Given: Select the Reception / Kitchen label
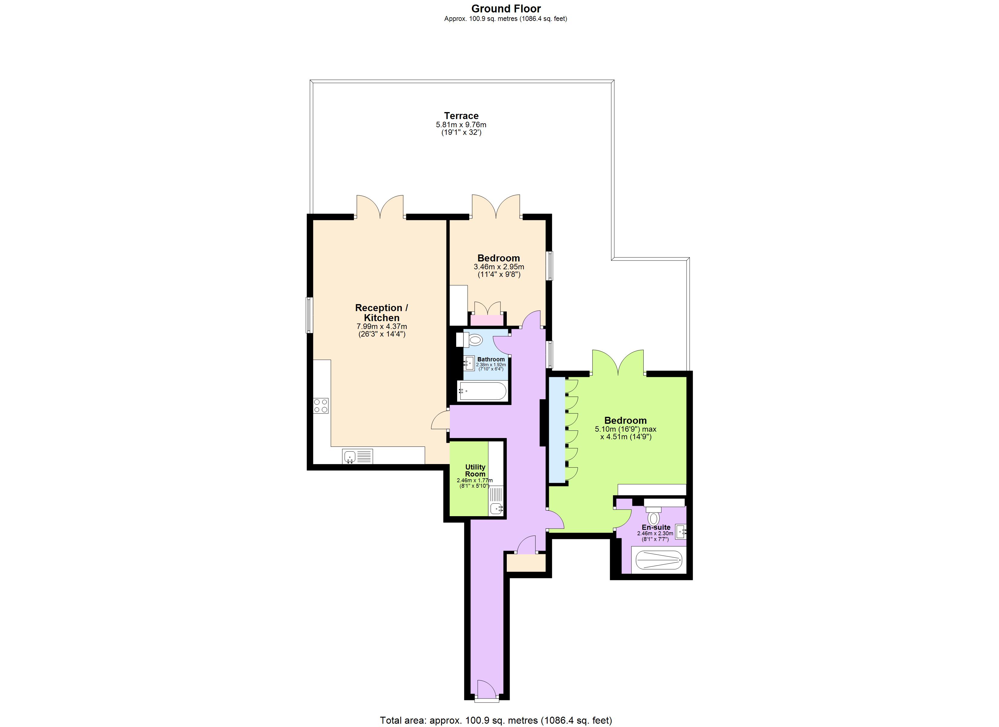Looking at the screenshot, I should [x=381, y=313].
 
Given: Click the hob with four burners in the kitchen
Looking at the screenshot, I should [x=321, y=406].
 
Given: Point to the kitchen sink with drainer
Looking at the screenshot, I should [x=357, y=456].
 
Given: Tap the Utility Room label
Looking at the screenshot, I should [x=475, y=470].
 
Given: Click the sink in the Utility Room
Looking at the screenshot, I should [x=497, y=509].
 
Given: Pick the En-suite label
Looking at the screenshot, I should [x=656, y=527].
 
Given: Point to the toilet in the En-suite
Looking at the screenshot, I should [x=654, y=517].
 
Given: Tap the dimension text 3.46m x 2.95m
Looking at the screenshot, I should [x=499, y=267].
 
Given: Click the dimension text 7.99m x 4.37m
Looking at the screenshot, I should [x=381, y=327].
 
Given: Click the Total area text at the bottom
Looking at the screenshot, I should [x=496, y=720].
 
